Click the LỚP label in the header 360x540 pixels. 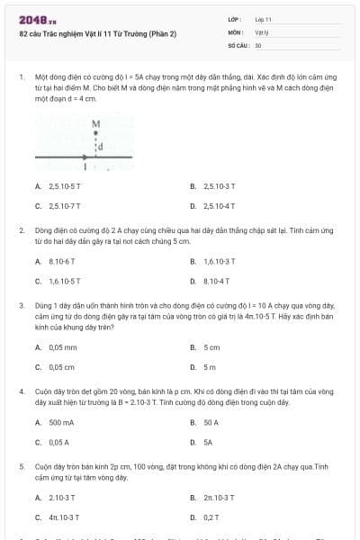pos(234,19)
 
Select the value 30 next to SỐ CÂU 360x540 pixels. pos(258,44)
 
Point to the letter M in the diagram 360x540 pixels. pos(95,122)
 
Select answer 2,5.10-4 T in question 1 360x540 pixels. pos(219,206)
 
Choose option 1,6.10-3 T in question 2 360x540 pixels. pos(219,261)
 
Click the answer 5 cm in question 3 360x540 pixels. pos(211,346)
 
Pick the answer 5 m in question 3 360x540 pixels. pos(210,367)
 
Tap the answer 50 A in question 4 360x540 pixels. pos(211,422)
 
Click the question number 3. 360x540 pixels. pos(21,305)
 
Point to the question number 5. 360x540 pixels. pos(21,467)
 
